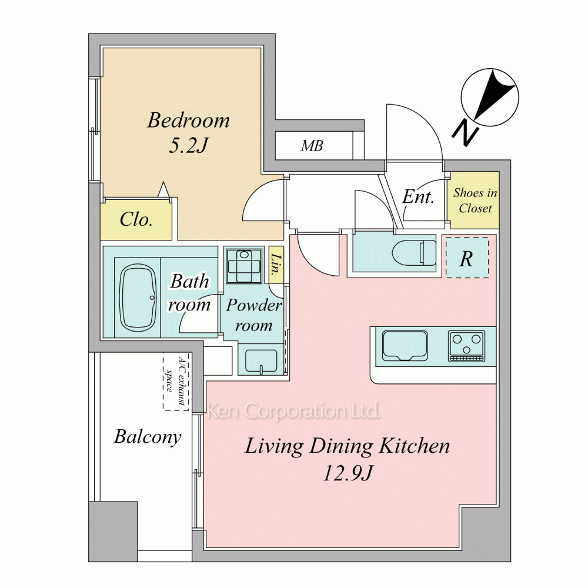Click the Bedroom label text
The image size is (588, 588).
coord(189,121)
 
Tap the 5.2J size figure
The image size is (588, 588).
coord(189,145)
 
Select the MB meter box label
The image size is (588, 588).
coord(312,145)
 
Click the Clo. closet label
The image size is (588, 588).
coord(136,219)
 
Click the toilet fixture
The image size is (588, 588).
coord(414,252)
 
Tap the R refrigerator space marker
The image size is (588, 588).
coord(467,258)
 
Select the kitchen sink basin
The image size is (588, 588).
coord(405,345)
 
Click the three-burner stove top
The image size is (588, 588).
coord(466,346)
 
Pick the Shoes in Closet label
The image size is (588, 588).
coord(475,201)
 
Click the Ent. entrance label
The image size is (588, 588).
coord(418,197)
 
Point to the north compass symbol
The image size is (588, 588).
coord(490,97)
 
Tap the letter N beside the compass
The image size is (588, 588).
coord(465,133)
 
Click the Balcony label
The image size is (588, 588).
coord(148,437)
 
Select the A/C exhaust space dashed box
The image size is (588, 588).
coord(176,382)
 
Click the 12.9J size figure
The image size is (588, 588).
coord(348,473)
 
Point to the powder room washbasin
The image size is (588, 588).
coord(262,361)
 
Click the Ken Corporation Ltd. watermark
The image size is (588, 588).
coord(293,411)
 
